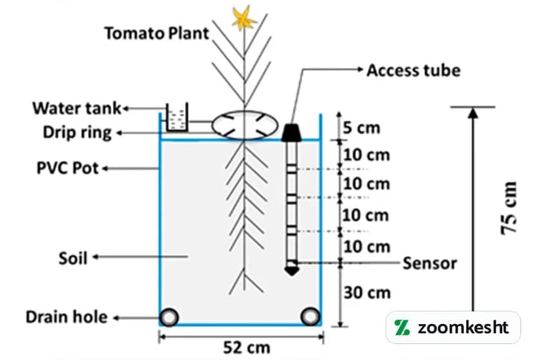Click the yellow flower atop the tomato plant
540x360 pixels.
(x=244, y=19)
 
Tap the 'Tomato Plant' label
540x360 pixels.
(x=157, y=33)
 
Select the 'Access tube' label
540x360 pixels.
(x=413, y=70)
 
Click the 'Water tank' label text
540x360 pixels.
(x=76, y=107)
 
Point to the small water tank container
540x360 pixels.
(x=175, y=118)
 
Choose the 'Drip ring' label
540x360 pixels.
(x=77, y=133)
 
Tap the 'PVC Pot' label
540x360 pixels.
(x=67, y=169)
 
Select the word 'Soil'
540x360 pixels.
(x=72, y=258)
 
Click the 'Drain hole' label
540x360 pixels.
(x=66, y=317)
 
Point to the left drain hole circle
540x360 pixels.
(x=170, y=317)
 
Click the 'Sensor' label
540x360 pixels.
(x=429, y=263)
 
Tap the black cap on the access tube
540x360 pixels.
(x=292, y=131)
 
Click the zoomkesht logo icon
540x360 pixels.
(x=403, y=327)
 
